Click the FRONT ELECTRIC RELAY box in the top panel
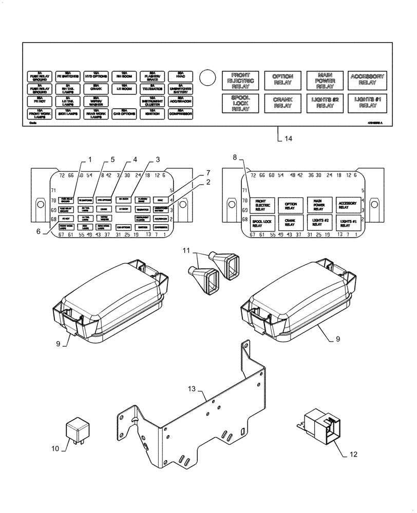point(241,81)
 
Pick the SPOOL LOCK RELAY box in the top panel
point(241,103)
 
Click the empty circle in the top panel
point(206,77)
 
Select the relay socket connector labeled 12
point(323,425)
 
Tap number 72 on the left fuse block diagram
point(63,176)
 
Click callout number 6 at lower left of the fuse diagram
point(39,232)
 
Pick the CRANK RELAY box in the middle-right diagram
point(290,222)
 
